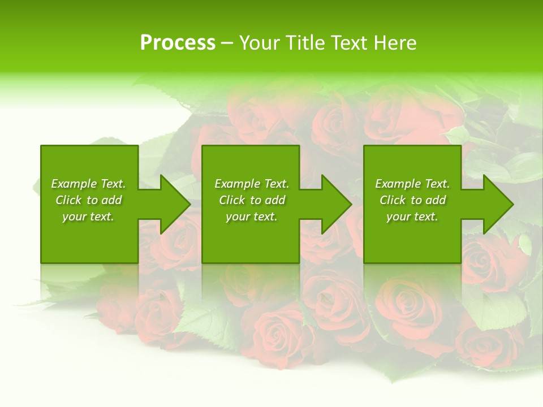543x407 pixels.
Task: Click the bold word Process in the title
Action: click(178, 43)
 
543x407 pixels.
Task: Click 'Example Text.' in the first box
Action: click(88, 184)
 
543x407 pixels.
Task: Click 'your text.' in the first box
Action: click(88, 217)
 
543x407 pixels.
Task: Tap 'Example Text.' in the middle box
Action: click(252, 184)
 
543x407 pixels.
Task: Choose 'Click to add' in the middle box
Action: click(252, 200)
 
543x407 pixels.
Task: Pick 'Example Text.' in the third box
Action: click(412, 184)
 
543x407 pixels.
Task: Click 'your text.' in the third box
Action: click(412, 217)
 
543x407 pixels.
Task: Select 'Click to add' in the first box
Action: click(88, 200)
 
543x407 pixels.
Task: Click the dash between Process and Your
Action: click(227, 43)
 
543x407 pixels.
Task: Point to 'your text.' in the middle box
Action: click(252, 217)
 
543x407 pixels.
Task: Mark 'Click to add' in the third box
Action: click(412, 200)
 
